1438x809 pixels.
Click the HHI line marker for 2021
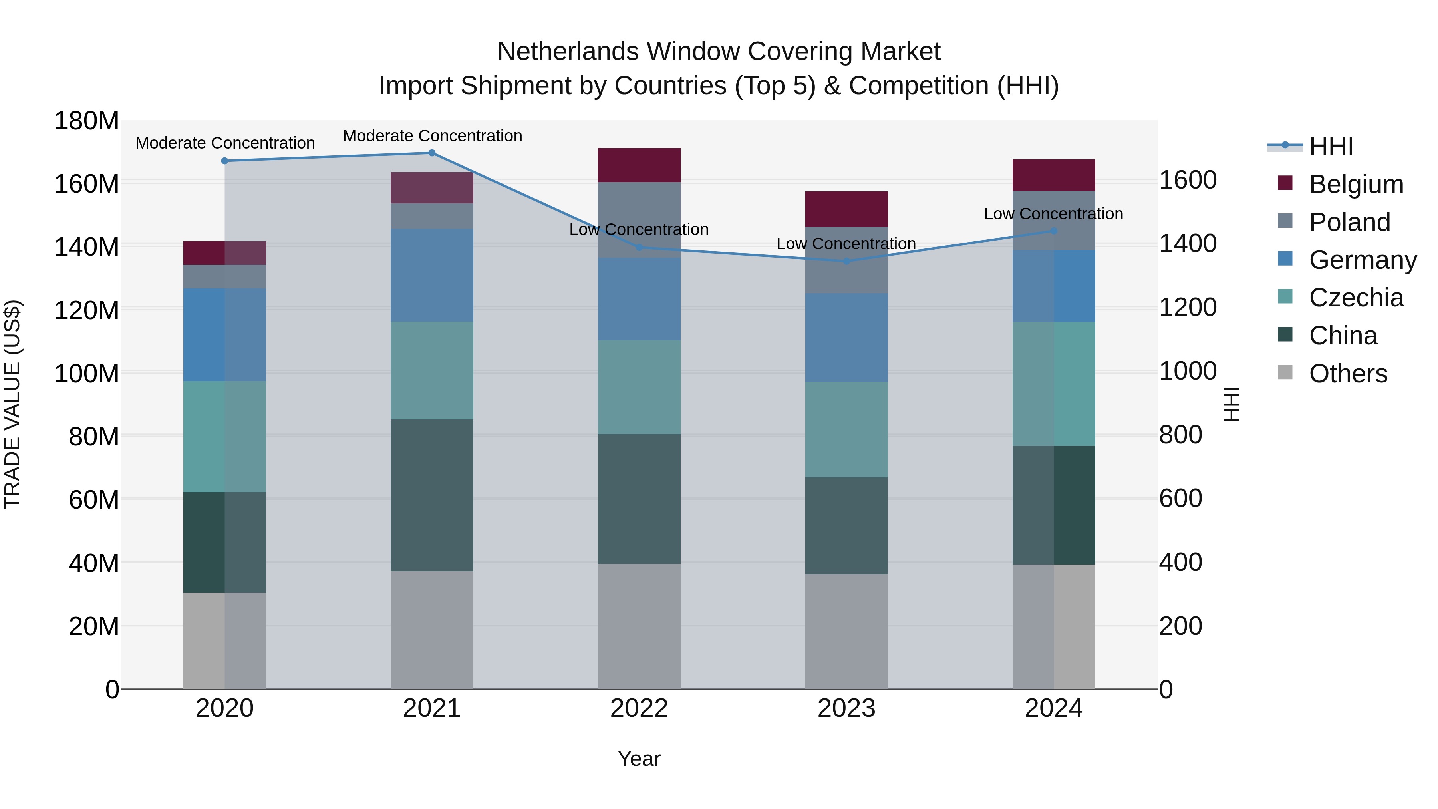point(431,153)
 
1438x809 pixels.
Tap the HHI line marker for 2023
point(846,261)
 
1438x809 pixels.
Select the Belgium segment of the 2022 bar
point(639,165)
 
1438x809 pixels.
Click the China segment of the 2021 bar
point(431,495)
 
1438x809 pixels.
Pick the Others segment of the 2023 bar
point(846,632)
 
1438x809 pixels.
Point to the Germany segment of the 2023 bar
point(846,338)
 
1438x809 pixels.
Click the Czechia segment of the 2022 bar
point(639,388)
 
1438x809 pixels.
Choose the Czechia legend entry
point(1355,298)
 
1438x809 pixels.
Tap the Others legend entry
point(1348,374)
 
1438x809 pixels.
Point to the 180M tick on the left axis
point(87,121)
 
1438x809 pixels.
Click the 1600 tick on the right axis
point(1188,180)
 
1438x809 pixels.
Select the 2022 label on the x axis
point(639,708)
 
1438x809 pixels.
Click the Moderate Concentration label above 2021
point(433,136)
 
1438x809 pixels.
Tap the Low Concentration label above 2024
point(1053,214)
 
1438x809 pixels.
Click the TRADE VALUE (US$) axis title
point(13,404)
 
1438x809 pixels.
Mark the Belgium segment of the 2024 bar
point(1053,175)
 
